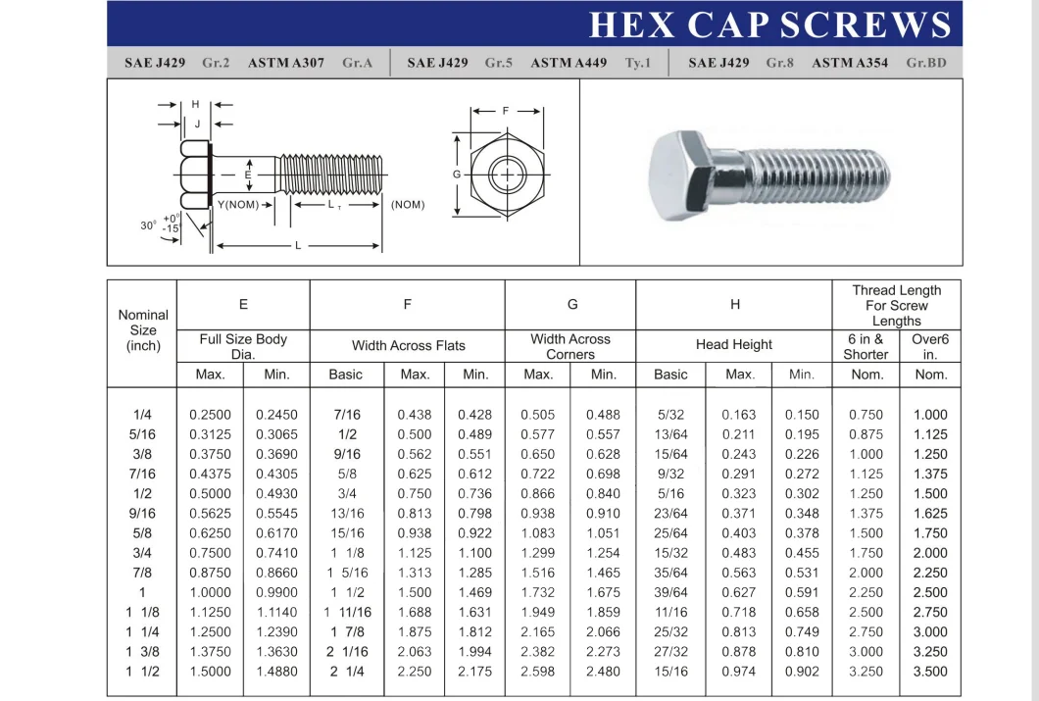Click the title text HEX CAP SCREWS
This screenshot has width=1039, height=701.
coord(770,25)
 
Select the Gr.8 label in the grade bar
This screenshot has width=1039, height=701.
coord(779,63)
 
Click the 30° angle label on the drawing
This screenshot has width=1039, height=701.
coord(148,225)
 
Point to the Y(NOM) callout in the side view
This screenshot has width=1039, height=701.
coord(237,205)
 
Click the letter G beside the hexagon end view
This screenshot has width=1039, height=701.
coord(457,175)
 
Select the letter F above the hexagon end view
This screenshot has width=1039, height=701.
coord(506,111)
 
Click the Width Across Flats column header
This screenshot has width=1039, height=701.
coord(408,345)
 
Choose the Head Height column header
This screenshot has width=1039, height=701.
coord(735,344)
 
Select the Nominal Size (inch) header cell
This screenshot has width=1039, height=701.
coord(143,330)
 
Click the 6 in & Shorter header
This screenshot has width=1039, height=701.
coord(866,346)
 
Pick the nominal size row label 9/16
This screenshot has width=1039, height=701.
coord(142,513)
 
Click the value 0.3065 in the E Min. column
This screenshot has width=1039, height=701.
coord(276,434)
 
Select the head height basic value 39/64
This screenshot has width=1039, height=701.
coord(670,592)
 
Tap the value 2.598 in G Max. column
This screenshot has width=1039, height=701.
coord(538,672)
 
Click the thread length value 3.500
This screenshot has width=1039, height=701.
coord(930,672)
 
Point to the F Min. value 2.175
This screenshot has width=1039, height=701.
coord(475,672)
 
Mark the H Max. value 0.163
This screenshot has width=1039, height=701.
coord(739,415)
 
